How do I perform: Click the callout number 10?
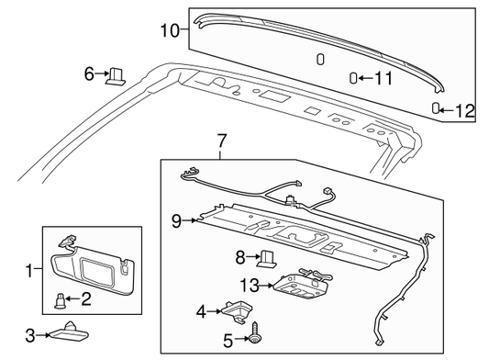click(170, 30)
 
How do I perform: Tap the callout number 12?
click(465, 110)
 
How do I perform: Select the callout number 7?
click(221, 141)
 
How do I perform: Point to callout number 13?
click(250, 285)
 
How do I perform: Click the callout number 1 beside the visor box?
click(29, 270)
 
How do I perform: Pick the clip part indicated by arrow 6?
click(116, 77)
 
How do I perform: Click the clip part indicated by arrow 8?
click(267, 259)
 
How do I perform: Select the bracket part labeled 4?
click(238, 311)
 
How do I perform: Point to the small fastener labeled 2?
click(60, 301)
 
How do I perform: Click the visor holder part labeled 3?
click(69, 332)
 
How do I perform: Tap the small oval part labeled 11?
click(353, 78)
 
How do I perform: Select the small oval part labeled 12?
click(436, 108)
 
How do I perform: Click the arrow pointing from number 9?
click(189, 220)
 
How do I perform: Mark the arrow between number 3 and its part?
click(43, 335)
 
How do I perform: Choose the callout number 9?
click(176, 221)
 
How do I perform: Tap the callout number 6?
click(89, 74)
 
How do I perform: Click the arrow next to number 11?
click(365, 78)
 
